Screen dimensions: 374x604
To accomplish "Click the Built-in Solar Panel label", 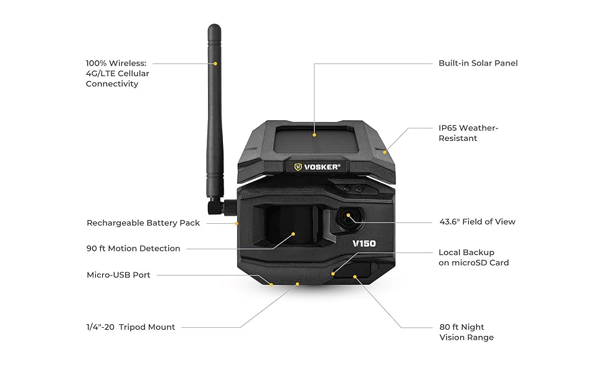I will coord(478,63).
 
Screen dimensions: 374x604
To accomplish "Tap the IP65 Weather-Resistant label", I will coord(468,133).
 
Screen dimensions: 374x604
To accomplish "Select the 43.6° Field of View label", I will coord(477,222).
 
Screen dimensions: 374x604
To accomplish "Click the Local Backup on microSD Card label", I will coord(473,257).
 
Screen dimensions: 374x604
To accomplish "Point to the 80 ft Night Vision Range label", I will coord(466,332).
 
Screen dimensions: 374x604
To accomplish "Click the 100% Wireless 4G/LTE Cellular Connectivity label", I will coord(118,74).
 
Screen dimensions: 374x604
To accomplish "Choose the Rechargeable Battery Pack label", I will coord(143,223).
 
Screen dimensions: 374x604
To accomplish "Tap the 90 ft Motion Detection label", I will coord(133,248).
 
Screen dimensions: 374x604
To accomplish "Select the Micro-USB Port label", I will coord(118,275).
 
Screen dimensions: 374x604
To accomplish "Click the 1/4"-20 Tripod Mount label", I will coord(131,327).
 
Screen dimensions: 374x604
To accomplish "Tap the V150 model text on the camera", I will coord(364,243).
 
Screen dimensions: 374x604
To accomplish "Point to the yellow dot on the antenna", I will coord(215,63).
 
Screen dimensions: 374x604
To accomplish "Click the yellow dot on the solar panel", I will coord(314,134).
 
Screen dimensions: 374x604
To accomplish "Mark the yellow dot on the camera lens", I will coord(348,216).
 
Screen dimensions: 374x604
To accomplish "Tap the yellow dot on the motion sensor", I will coord(295,234).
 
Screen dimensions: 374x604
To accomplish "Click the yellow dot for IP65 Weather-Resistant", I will coord(385,151).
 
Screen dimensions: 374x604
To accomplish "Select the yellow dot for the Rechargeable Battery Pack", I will coord(237,223).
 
